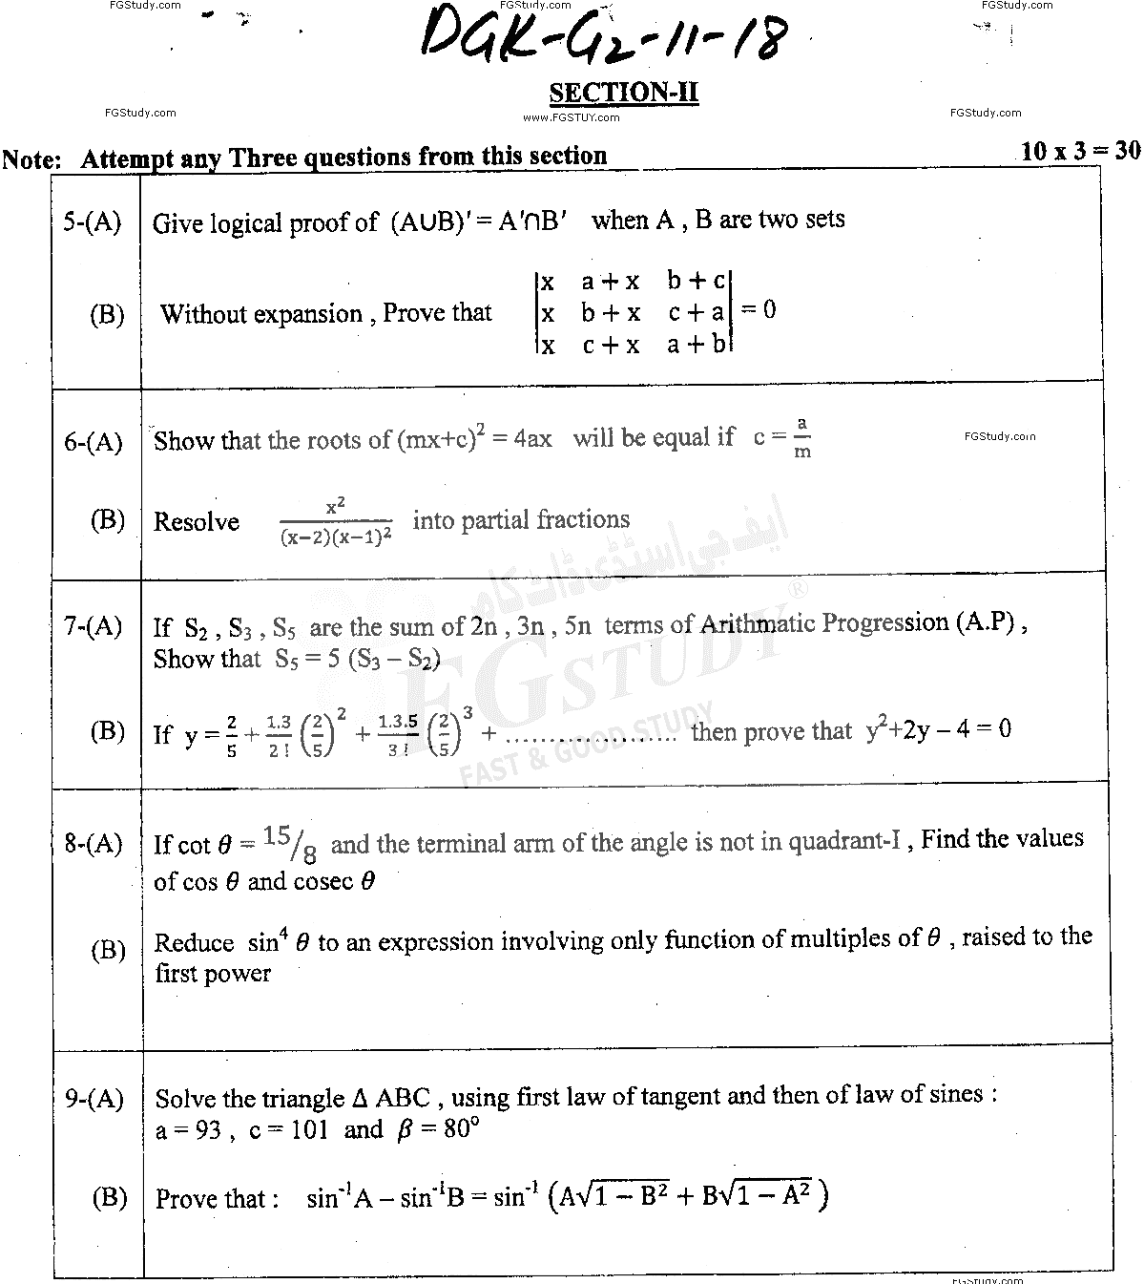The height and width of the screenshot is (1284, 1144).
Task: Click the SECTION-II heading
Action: [624, 93]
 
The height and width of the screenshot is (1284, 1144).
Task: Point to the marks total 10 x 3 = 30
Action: [1080, 150]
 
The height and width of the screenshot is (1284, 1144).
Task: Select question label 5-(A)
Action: [93, 222]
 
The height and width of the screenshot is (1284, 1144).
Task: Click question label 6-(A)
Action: [94, 442]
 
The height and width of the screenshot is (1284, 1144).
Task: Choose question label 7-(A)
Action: [94, 626]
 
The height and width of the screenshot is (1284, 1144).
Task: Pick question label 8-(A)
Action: [94, 843]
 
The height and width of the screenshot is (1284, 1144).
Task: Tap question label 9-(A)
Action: [94, 1099]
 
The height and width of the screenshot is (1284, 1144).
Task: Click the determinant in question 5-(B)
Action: [634, 312]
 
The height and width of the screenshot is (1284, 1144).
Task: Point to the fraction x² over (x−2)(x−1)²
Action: [336, 522]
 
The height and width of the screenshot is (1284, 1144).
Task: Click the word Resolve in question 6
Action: [197, 522]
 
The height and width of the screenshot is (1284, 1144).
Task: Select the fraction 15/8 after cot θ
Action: [291, 843]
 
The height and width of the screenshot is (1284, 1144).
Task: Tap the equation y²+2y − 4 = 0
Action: [938, 730]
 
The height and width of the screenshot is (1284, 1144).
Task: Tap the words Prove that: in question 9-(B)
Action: [218, 1199]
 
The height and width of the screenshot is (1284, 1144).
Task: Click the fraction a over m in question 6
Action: [802, 437]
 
